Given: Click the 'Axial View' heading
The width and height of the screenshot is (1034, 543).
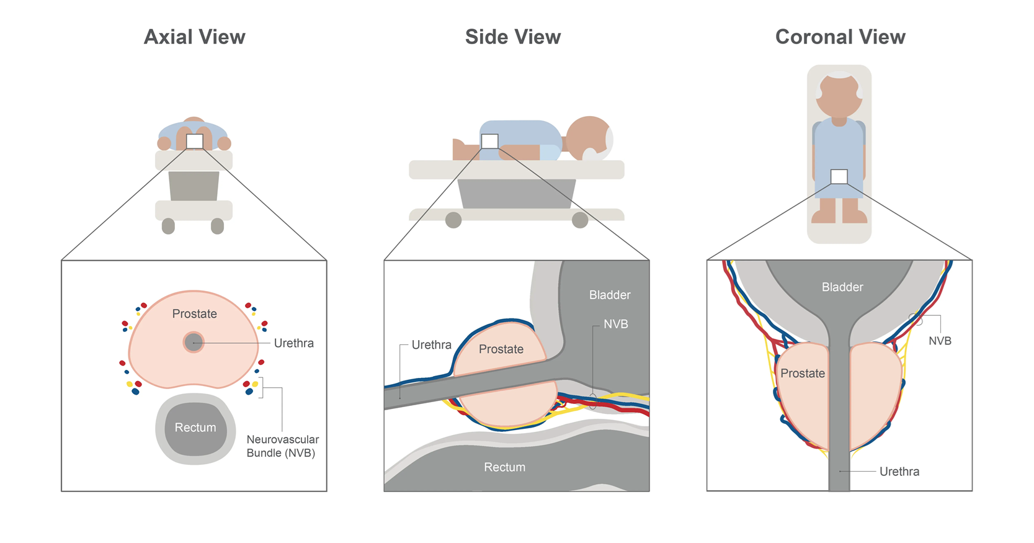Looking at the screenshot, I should [x=195, y=37].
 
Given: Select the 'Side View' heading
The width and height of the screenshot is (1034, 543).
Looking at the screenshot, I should [x=513, y=37].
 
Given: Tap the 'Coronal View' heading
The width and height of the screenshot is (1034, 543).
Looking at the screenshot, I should [x=840, y=37].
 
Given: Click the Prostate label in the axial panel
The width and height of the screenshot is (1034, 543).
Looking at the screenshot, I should [x=195, y=314].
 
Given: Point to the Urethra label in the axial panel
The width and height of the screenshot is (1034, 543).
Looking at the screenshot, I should [x=293, y=343].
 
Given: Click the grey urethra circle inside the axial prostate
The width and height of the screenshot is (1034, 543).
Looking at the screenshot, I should [x=194, y=343].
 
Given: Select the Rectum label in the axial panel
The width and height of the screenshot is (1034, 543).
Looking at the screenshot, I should [x=195, y=428].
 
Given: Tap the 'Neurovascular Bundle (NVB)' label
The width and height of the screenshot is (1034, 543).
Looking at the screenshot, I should [x=282, y=446].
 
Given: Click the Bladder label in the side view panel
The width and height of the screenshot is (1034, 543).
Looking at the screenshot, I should [x=610, y=295].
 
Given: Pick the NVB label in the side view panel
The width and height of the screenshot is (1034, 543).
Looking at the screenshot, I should [x=615, y=325].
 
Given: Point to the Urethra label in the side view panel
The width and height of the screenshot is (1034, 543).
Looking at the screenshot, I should [x=431, y=345].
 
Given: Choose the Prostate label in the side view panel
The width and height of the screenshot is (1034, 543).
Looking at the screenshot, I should [x=501, y=349].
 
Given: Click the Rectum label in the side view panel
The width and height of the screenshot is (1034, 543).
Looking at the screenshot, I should [x=504, y=467].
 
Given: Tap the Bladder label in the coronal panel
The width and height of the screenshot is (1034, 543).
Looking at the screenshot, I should [x=842, y=287].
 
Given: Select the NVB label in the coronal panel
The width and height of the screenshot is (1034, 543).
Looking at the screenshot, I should [x=940, y=341].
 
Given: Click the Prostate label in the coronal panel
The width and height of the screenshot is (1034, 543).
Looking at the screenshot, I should [x=803, y=374].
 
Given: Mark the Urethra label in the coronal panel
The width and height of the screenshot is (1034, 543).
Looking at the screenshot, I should [x=899, y=472].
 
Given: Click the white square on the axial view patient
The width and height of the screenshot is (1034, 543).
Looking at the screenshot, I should [x=195, y=141].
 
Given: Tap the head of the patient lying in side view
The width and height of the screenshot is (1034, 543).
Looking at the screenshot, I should [x=588, y=137].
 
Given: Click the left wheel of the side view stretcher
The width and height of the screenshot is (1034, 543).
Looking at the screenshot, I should [x=453, y=220].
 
